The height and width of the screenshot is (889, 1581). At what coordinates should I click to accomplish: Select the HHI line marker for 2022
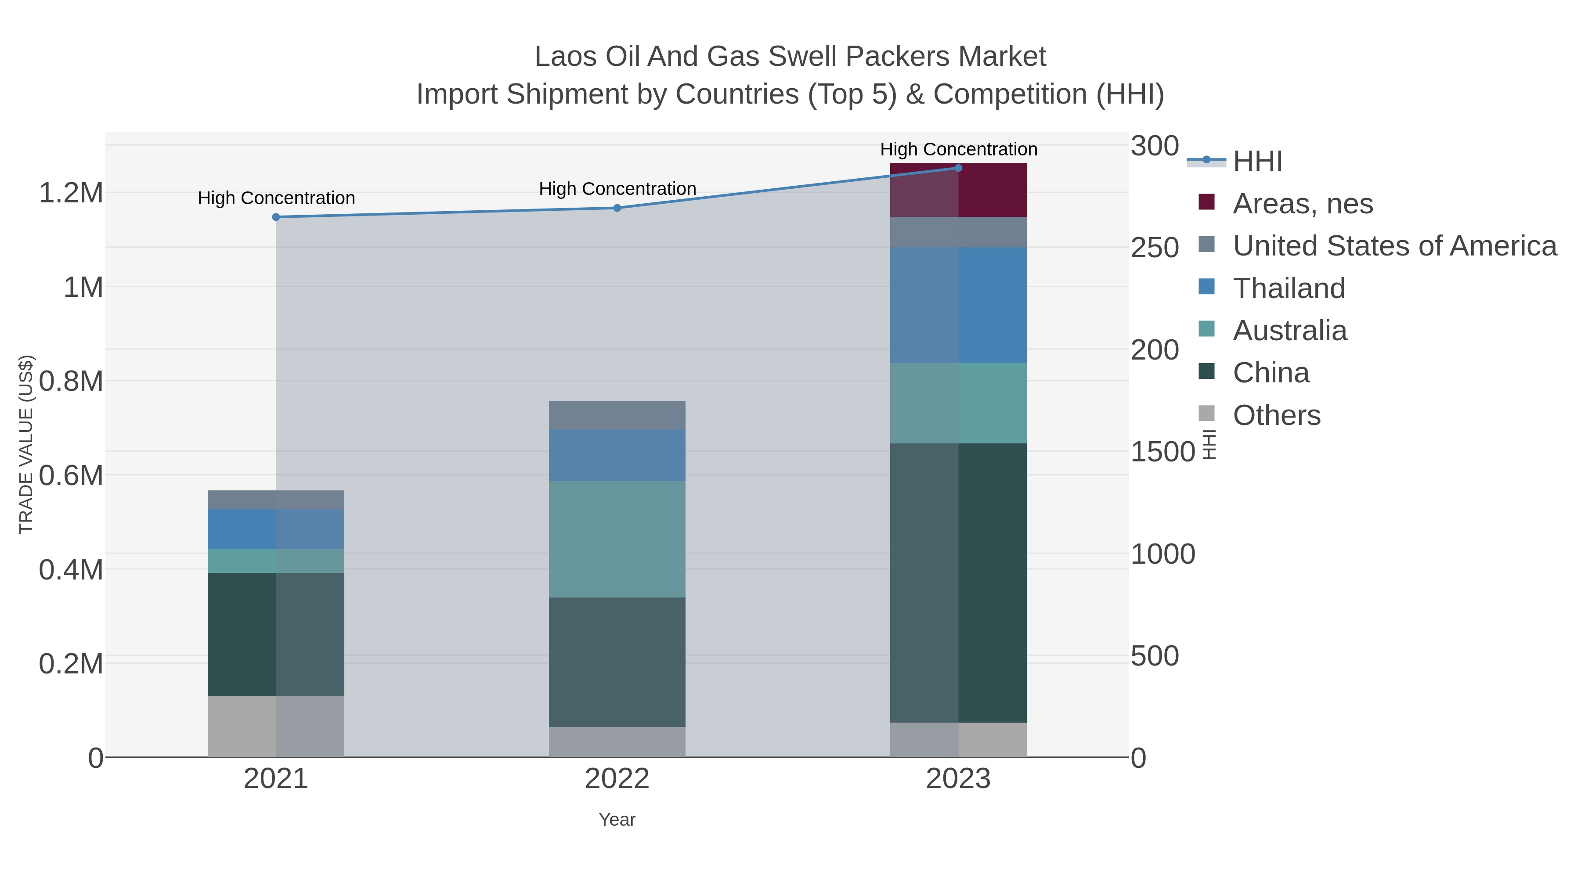coord(617,208)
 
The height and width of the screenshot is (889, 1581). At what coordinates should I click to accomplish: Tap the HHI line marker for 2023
coord(958,168)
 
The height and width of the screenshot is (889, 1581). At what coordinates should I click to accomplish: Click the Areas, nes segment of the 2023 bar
coord(958,190)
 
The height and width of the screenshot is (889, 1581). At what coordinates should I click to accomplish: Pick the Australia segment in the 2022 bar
coord(617,539)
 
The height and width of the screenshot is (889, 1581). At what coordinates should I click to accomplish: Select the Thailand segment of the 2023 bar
coord(958,305)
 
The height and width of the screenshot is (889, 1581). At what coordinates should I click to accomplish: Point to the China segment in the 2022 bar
coord(617,662)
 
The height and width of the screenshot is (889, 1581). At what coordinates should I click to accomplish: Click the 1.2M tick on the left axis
coord(71,193)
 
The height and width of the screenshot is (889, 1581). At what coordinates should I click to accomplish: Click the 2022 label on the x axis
coord(617,779)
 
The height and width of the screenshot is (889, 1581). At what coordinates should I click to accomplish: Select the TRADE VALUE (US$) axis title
coord(26,444)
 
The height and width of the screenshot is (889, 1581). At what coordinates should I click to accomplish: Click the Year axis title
coord(617,820)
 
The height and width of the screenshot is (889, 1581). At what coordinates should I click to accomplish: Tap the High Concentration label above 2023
coord(958,149)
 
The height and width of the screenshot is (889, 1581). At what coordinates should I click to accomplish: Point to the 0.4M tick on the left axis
coord(71,570)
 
